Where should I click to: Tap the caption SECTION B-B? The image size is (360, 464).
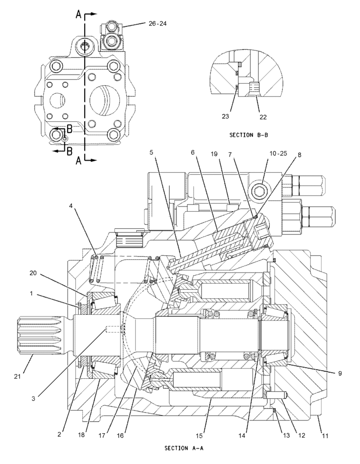[x=249, y=135]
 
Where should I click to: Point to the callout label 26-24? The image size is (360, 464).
[x=158, y=23]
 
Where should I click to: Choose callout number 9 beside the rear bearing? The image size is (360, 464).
[x=340, y=374]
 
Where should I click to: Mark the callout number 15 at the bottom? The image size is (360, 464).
[x=199, y=436]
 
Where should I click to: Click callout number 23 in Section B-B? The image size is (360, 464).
[x=226, y=116]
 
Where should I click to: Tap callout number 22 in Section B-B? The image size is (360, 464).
[x=263, y=117]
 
